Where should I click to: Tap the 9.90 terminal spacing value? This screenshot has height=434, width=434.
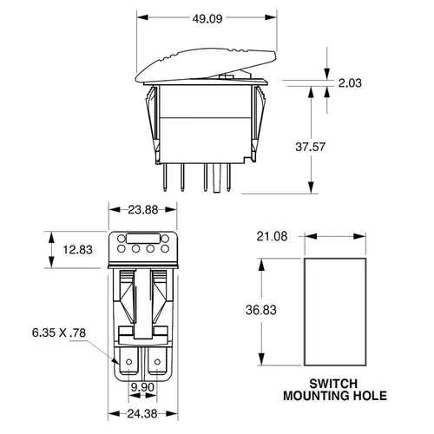(x=141, y=388)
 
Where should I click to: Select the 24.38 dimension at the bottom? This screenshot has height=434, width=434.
(x=141, y=416)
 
